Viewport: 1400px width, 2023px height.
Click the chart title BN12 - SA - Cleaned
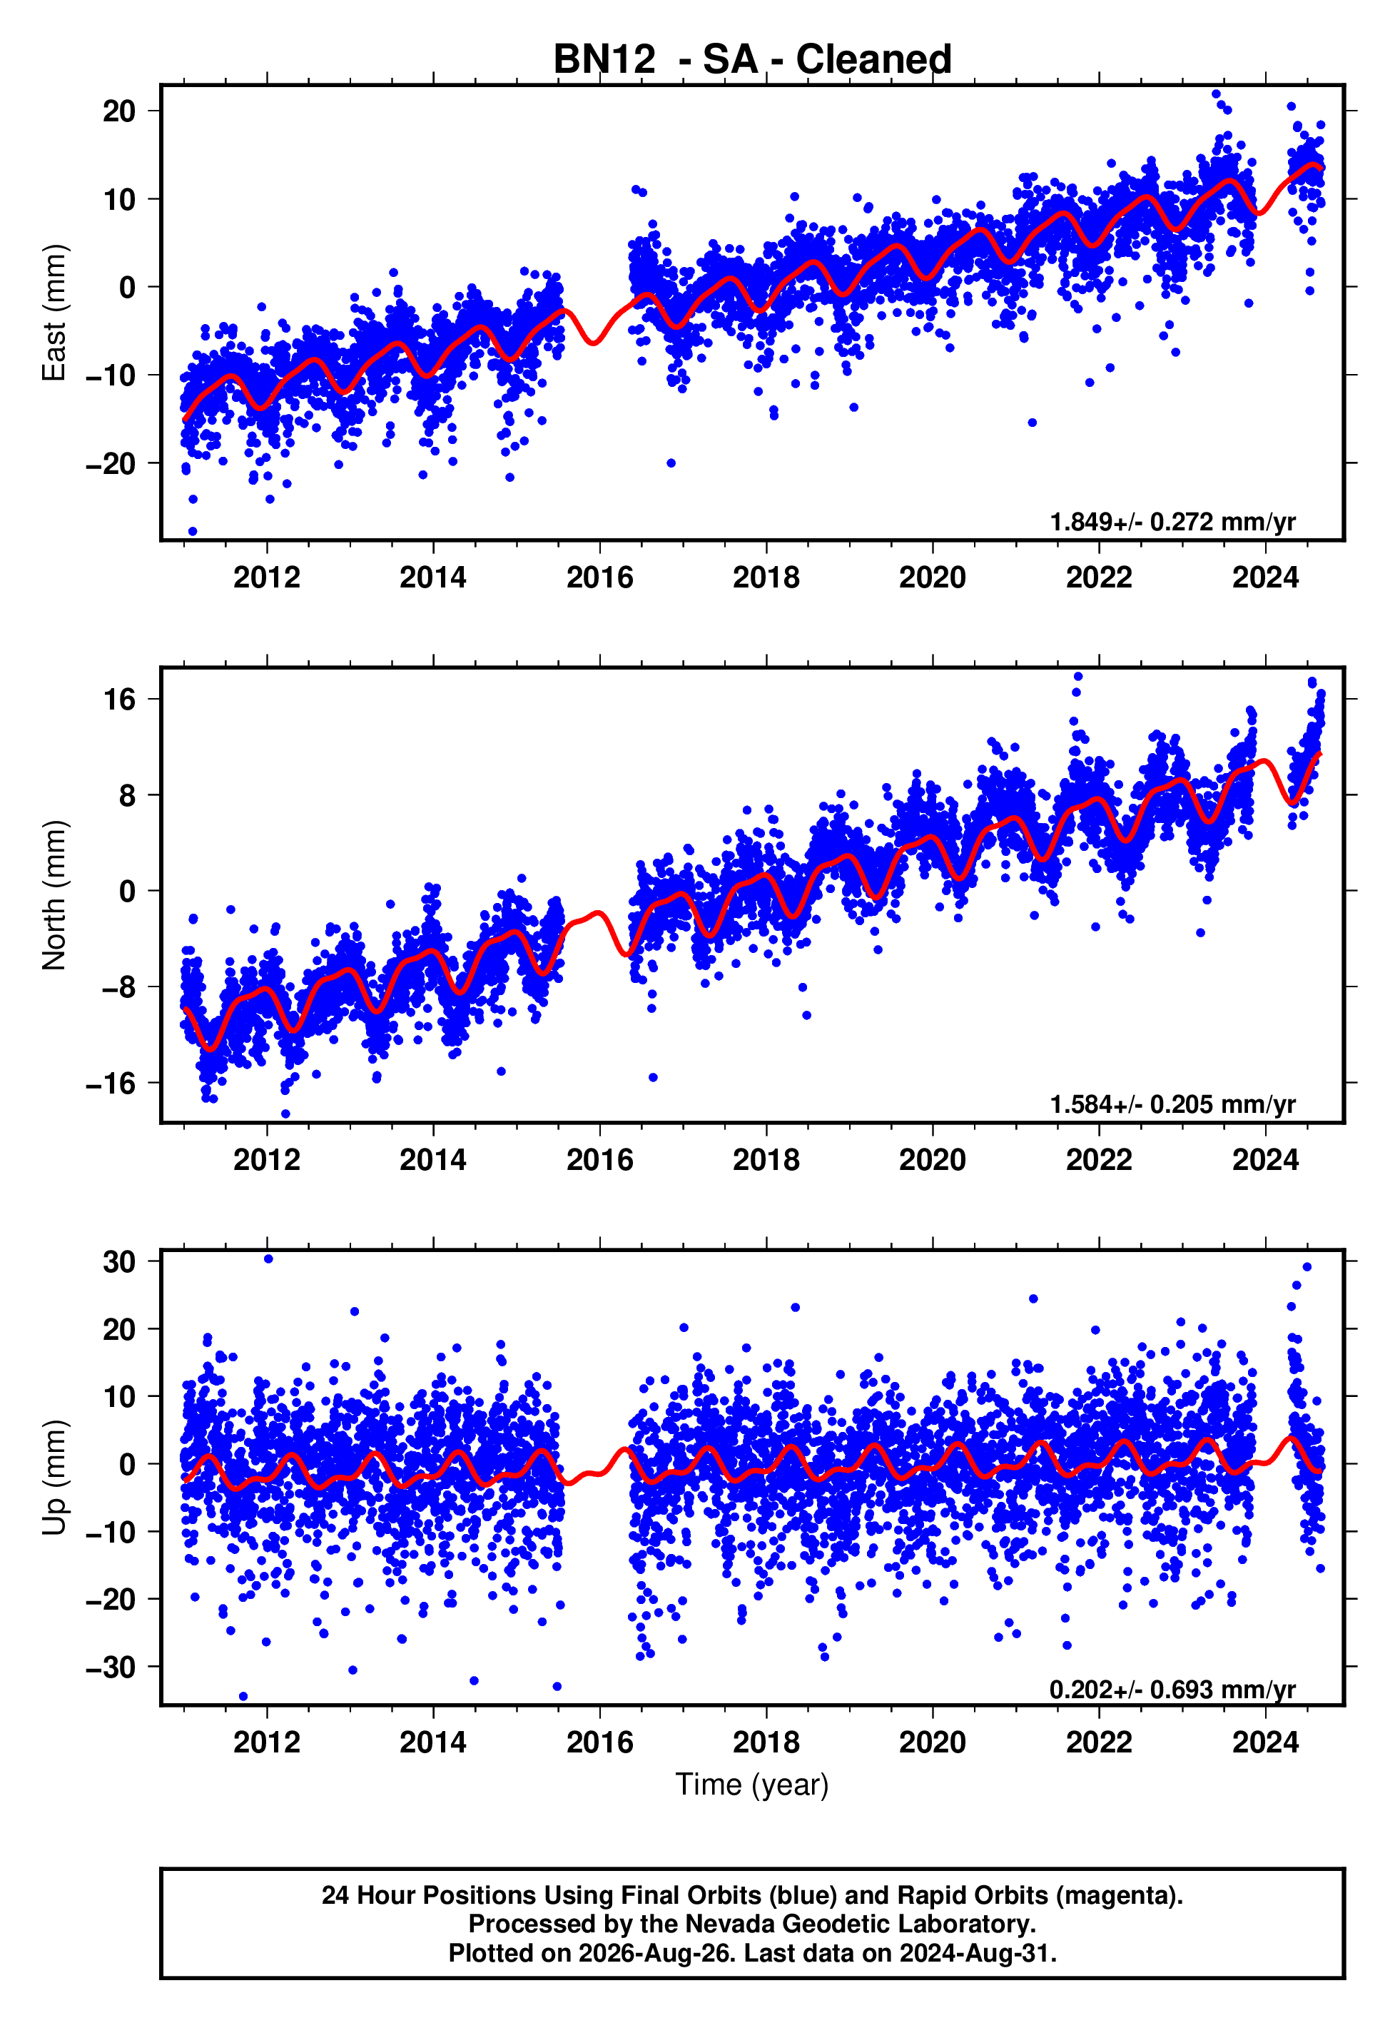pyautogui.click(x=752, y=60)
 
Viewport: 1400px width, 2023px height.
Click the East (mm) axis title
pyautogui.click(x=54, y=313)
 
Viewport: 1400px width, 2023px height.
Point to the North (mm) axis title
pyautogui.click(x=54, y=895)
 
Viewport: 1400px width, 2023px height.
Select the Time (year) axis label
pyautogui.click(x=752, y=1783)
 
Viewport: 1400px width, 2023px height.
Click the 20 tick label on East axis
pyautogui.click(x=119, y=111)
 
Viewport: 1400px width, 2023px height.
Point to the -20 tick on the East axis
pyautogui.click(x=111, y=463)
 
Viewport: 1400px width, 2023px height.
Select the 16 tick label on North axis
pyautogui.click(x=120, y=699)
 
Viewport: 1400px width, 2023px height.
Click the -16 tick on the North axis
pyautogui.click(x=111, y=1084)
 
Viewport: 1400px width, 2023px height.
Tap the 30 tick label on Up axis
pyautogui.click(x=119, y=1262)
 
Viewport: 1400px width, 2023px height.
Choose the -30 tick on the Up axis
pyautogui.click(x=111, y=1667)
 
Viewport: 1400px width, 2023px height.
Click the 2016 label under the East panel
pyautogui.click(x=600, y=577)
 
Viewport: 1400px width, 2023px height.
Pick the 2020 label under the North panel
pyautogui.click(x=933, y=1160)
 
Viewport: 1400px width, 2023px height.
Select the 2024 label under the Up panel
pyautogui.click(x=1266, y=1742)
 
